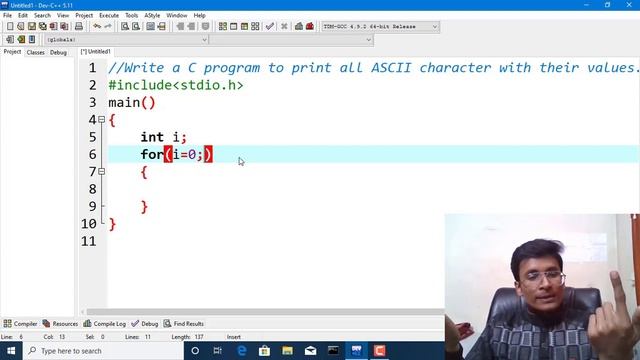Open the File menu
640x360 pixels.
tap(8, 15)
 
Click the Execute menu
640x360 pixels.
tap(108, 15)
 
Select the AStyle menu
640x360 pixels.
tap(152, 15)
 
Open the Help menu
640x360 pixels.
tap(200, 15)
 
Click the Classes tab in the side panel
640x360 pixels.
tap(35, 52)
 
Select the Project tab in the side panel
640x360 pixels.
tap(12, 52)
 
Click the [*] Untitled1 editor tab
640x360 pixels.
tap(97, 51)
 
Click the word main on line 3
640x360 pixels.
tap(125, 102)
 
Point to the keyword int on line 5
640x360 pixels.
tap(152, 137)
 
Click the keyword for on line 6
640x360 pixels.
tap(151, 154)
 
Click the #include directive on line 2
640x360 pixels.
tap(140, 85)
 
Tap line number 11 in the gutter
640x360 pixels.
tap(91, 241)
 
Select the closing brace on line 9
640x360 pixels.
tap(144, 207)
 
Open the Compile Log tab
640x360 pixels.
tap(107, 324)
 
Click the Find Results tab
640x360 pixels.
tap(186, 324)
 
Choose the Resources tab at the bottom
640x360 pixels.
tap(62, 324)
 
